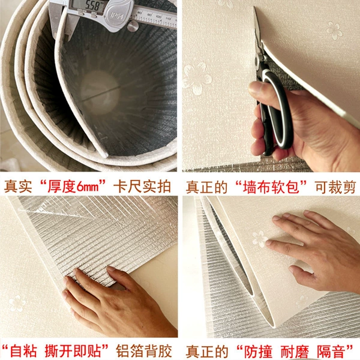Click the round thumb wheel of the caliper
pyautogui.click(x=133, y=26)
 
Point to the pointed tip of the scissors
pyautogui.click(x=254, y=8)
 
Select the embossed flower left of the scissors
pyautogui.click(x=197, y=78)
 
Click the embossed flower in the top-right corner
pyautogui.click(x=334, y=30)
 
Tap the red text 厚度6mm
pyautogui.click(x=73, y=186)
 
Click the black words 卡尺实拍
pyautogui.click(x=142, y=186)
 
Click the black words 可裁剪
pyautogui.click(x=335, y=187)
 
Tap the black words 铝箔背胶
pyautogui.click(x=144, y=350)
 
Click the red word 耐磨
pyautogui.click(x=295, y=351)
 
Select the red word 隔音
pyautogui.click(x=331, y=351)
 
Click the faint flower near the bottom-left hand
pyautogui.click(x=17, y=303)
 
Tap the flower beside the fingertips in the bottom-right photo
pyautogui.click(x=260, y=239)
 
